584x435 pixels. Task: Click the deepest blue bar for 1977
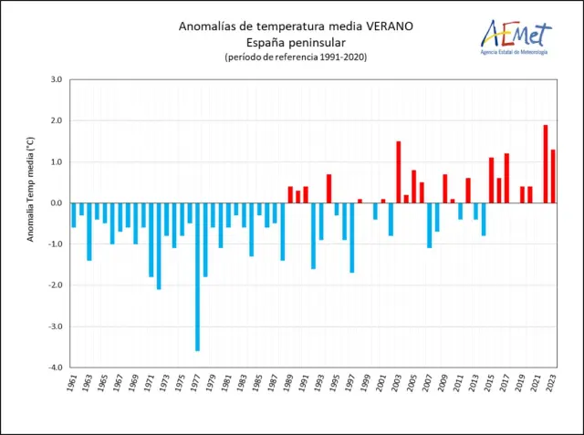[197, 276]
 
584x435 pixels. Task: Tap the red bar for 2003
[399, 172]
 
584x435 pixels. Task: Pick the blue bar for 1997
[352, 237]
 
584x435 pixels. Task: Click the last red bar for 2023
[553, 176]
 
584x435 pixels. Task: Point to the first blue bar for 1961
[74, 214]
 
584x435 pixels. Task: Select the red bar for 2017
[506, 178]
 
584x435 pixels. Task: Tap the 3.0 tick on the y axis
[55, 80]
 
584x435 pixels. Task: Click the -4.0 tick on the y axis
[54, 368]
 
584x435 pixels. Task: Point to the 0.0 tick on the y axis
[55, 203]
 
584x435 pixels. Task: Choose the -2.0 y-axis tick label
[54, 285]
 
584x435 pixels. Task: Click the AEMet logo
[516, 38]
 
